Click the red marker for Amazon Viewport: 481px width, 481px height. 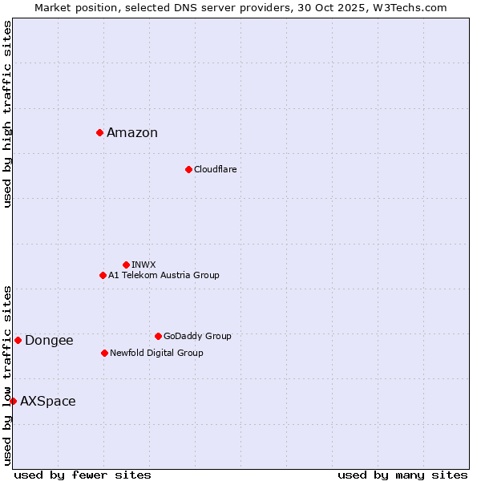[x=99, y=132]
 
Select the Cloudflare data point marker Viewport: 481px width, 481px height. [x=188, y=169]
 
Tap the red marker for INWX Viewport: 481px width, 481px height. [x=126, y=265]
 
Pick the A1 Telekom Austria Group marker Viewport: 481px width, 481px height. [x=103, y=275]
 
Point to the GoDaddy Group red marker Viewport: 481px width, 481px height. [x=158, y=336]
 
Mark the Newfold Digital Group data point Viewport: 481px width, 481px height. [x=104, y=353]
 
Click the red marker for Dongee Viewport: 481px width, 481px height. [x=18, y=340]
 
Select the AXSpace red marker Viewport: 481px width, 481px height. [x=13, y=401]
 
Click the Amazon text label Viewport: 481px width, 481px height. [x=132, y=133]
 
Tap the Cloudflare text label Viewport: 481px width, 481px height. [x=215, y=169]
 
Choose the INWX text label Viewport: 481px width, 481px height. [x=143, y=265]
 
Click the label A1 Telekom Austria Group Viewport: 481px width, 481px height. [x=164, y=275]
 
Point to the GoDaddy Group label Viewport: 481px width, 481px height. [x=197, y=336]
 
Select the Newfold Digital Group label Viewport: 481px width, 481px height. [x=156, y=353]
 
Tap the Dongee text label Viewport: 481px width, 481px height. [x=49, y=341]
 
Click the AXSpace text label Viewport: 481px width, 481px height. [x=48, y=402]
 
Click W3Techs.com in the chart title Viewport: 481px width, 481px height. [x=414, y=7]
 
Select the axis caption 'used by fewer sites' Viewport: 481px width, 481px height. [x=83, y=475]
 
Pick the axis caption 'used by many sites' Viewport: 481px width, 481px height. [x=402, y=475]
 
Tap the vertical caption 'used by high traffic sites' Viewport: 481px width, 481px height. [x=7, y=114]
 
